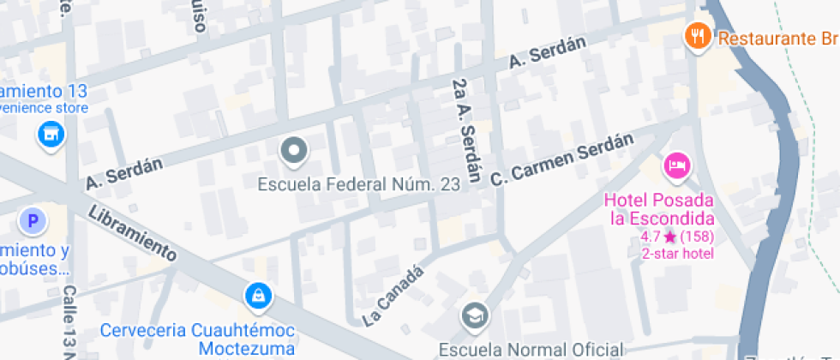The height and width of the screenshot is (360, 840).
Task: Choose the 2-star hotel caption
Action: [677, 253]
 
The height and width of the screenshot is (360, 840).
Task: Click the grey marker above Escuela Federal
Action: [294, 151]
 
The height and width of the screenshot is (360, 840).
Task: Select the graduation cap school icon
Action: [473, 316]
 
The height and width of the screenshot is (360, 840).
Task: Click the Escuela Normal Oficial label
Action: [531, 349]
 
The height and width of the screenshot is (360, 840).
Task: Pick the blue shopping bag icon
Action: [256, 297]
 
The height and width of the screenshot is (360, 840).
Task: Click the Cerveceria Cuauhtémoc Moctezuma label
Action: [198, 339]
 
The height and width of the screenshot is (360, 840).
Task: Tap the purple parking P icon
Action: [33, 223]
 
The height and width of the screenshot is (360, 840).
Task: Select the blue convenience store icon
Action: [51, 134]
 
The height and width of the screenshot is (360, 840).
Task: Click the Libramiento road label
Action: [132, 232]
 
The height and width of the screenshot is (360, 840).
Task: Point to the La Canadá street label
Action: [393, 296]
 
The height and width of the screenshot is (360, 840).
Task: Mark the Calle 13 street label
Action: [69, 321]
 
